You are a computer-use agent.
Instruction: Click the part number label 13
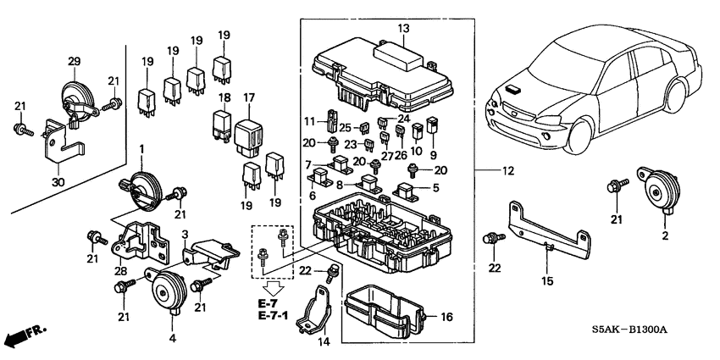(403, 29)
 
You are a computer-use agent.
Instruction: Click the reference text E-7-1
(274, 316)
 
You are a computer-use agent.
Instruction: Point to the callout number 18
(224, 99)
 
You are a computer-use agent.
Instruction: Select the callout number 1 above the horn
(142, 149)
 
